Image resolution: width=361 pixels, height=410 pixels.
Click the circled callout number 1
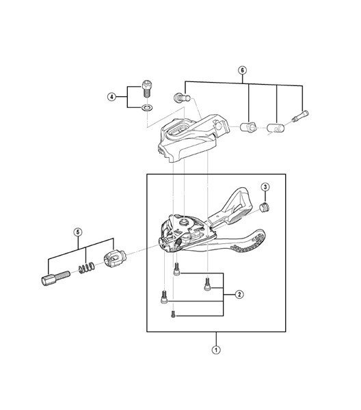point(216,350)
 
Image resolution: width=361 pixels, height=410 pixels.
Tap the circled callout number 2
point(239,295)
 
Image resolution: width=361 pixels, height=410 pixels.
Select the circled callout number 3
point(265,187)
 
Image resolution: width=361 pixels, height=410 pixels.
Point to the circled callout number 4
point(111,97)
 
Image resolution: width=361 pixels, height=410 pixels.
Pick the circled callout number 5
point(78,232)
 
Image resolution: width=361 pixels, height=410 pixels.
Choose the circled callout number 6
point(243,70)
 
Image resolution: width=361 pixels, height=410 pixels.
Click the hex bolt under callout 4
point(147,88)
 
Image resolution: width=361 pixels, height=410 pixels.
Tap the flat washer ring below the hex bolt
point(147,107)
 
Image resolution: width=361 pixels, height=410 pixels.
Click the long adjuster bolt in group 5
point(55,278)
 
